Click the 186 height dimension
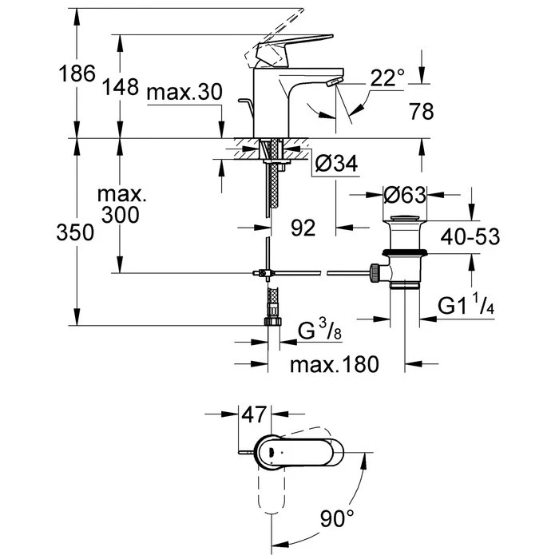click(77, 73)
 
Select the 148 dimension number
click(121, 86)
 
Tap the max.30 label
click(184, 92)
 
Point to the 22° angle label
click(387, 77)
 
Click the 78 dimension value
click(422, 111)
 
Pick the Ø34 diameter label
click(336, 164)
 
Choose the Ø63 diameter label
click(405, 195)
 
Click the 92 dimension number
click(303, 228)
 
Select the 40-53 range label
click(470, 236)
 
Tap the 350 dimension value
click(75, 232)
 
